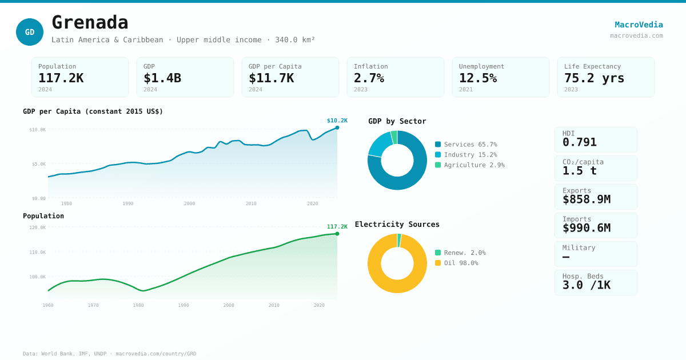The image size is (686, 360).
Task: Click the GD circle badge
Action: tap(30, 32)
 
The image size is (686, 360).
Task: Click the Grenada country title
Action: tap(90, 23)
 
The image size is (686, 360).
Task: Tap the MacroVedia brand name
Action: tap(639, 25)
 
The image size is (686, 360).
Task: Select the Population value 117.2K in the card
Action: tap(61, 78)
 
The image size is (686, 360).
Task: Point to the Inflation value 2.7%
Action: tap(369, 78)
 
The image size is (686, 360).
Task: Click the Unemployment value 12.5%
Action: tap(477, 78)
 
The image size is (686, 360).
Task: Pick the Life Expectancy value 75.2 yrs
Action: tap(594, 78)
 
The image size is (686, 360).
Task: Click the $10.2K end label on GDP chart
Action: tap(337, 121)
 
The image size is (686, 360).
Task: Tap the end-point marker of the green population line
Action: tap(337, 234)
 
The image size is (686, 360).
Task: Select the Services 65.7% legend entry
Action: tap(466, 145)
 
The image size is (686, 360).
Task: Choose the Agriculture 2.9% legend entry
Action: tap(469, 165)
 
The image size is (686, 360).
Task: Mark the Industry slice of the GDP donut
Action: tap(380, 145)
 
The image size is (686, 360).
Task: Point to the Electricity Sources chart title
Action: tap(397, 225)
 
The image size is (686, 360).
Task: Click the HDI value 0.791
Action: tap(579, 142)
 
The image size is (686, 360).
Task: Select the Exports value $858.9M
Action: tap(586, 199)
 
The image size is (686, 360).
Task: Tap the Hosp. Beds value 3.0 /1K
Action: tap(586, 285)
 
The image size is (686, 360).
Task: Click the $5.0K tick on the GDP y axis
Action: tap(38, 164)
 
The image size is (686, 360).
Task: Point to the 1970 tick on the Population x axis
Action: tap(93, 305)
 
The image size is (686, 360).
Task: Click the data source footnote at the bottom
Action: tap(109, 354)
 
